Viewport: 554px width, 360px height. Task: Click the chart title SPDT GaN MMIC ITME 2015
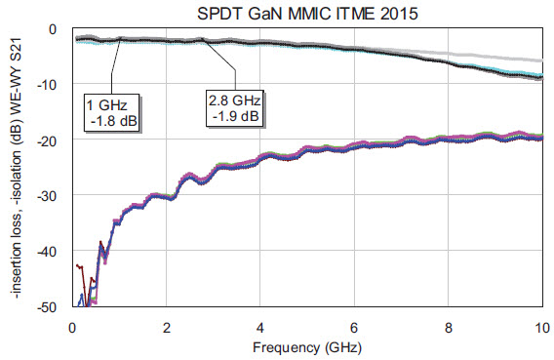click(x=307, y=11)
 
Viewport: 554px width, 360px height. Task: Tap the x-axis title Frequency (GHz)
click(x=306, y=345)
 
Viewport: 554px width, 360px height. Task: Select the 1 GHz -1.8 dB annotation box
click(x=113, y=108)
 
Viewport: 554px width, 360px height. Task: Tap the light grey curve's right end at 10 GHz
click(x=540, y=60)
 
